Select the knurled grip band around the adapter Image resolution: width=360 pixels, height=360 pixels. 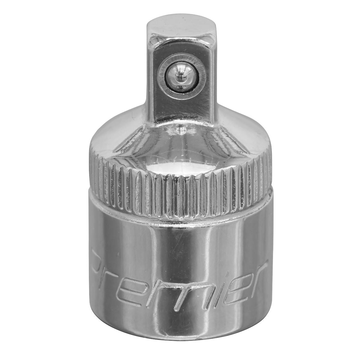click(180, 189)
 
